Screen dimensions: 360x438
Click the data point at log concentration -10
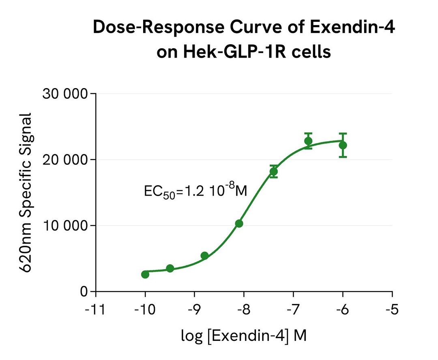(x=145, y=274)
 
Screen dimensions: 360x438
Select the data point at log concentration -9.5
(x=170, y=268)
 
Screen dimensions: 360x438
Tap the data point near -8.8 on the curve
(x=204, y=255)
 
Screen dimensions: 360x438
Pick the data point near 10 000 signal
(x=239, y=224)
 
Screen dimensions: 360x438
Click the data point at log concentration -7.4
(x=273, y=171)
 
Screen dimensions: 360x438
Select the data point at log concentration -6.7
(x=308, y=141)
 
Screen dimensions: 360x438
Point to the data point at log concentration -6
(x=343, y=145)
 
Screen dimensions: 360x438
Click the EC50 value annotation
(x=195, y=190)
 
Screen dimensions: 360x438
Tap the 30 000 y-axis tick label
(x=65, y=94)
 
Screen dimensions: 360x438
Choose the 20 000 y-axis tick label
(x=65, y=160)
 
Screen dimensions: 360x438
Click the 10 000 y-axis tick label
(x=65, y=225)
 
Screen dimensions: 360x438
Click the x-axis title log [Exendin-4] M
(x=244, y=336)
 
